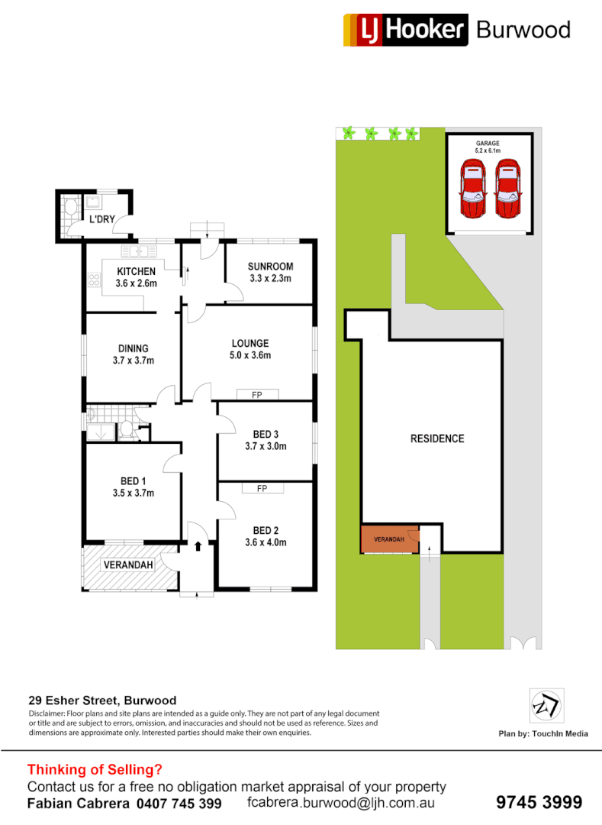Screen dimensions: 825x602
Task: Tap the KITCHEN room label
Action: click(x=136, y=271)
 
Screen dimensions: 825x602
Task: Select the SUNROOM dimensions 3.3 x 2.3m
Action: click(x=270, y=279)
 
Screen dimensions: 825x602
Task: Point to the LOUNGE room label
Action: click(x=250, y=344)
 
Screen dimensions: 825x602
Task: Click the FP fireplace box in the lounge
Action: click(x=258, y=394)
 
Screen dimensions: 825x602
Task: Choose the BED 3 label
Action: click(x=266, y=435)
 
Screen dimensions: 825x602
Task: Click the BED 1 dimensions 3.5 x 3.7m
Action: click(x=133, y=493)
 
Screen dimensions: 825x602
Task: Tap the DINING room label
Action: click(x=133, y=348)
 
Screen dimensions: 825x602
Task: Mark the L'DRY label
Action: click(x=101, y=220)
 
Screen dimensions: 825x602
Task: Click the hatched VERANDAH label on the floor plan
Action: click(x=129, y=565)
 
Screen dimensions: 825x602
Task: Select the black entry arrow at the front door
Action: click(x=198, y=546)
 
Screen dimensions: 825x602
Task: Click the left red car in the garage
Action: click(x=473, y=189)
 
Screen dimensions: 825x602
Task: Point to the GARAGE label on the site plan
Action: click(x=488, y=143)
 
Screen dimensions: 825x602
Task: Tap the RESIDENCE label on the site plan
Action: click(x=437, y=438)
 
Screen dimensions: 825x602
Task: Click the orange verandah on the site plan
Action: click(x=388, y=540)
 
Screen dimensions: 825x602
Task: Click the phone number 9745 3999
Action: click(x=539, y=802)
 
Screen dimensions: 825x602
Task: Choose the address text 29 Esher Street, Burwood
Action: click(x=102, y=700)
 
